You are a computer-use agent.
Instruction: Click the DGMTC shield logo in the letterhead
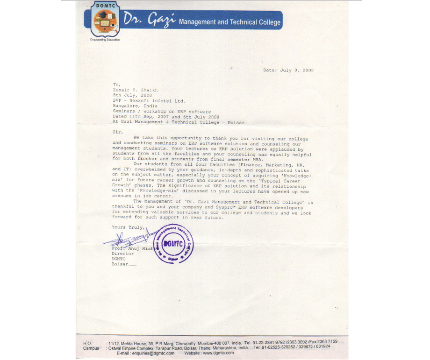[105, 21]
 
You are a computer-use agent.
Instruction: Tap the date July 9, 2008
[297, 71]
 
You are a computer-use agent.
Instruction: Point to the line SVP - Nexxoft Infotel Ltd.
[149, 100]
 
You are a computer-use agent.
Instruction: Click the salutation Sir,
[117, 132]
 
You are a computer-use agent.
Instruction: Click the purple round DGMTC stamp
[173, 245]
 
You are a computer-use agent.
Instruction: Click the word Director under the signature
[122, 254]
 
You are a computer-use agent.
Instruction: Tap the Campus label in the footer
[91, 348]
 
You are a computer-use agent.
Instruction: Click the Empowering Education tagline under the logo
[105, 40]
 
